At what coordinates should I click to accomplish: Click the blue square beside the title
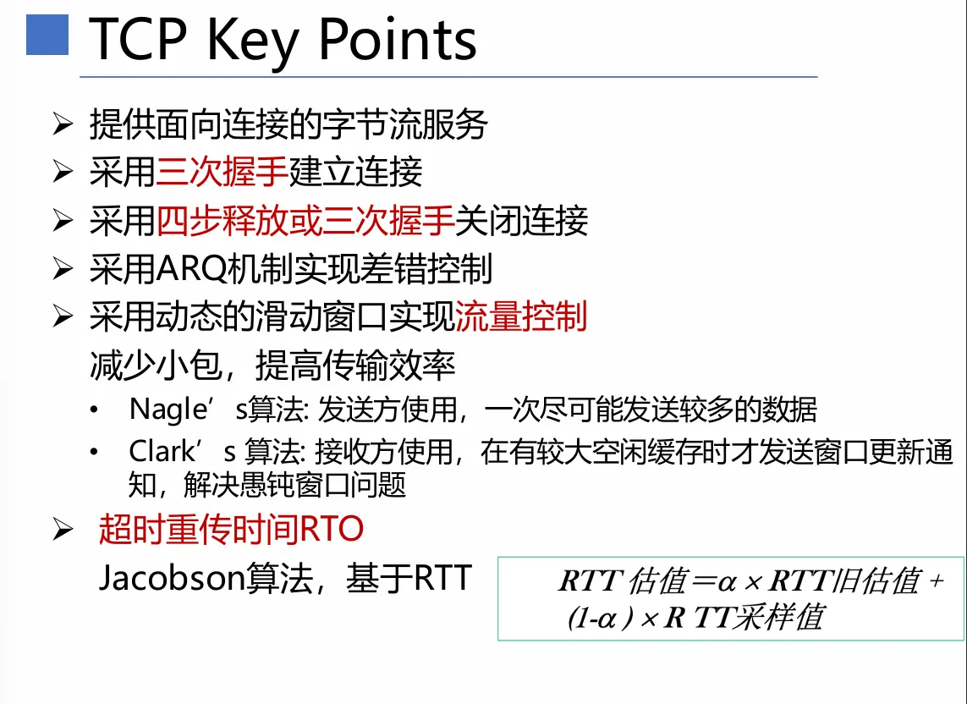click(47, 35)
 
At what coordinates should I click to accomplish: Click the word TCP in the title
click(138, 40)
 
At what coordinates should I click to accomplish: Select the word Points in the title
click(397, 40)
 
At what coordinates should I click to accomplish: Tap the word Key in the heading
click(252, 43)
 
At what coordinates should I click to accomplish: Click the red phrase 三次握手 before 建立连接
click(222, 172)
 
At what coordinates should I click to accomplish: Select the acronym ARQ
click(192, 269)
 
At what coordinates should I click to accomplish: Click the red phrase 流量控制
click(520, 316)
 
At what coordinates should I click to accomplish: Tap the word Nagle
click(168, 410)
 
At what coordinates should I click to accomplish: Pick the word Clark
click(162, 452)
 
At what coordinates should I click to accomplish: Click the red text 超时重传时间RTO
click(231, 530)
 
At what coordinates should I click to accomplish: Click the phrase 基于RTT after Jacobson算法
click(409, 578)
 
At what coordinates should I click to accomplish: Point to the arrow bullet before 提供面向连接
click(63, 124)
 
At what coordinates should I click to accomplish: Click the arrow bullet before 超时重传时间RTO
click(63, 530)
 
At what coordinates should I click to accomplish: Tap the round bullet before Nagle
click(94, 410)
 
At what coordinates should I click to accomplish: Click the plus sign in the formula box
click(937, 581)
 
